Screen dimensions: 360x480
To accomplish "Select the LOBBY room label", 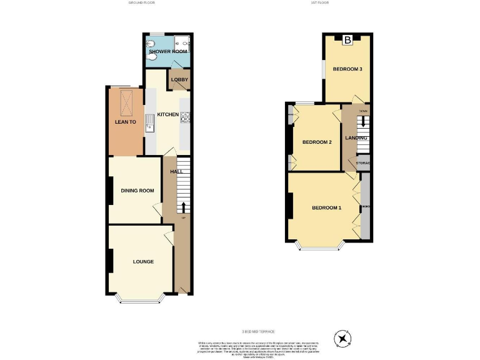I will (179, 80).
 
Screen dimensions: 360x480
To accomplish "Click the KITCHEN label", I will (167, 114).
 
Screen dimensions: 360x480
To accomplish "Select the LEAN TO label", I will (125, 122).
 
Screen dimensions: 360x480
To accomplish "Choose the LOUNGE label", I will (142, 261).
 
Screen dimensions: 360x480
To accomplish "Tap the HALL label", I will (177, 171).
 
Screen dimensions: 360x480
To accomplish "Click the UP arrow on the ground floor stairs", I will (183, 207).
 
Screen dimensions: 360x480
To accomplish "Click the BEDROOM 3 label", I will (347, 69).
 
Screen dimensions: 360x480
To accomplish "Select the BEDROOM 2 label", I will (317, 142).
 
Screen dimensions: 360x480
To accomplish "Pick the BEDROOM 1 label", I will (326, 207).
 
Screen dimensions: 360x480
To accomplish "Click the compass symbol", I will (342, 338).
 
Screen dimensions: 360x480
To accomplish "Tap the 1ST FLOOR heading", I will (319, 3).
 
